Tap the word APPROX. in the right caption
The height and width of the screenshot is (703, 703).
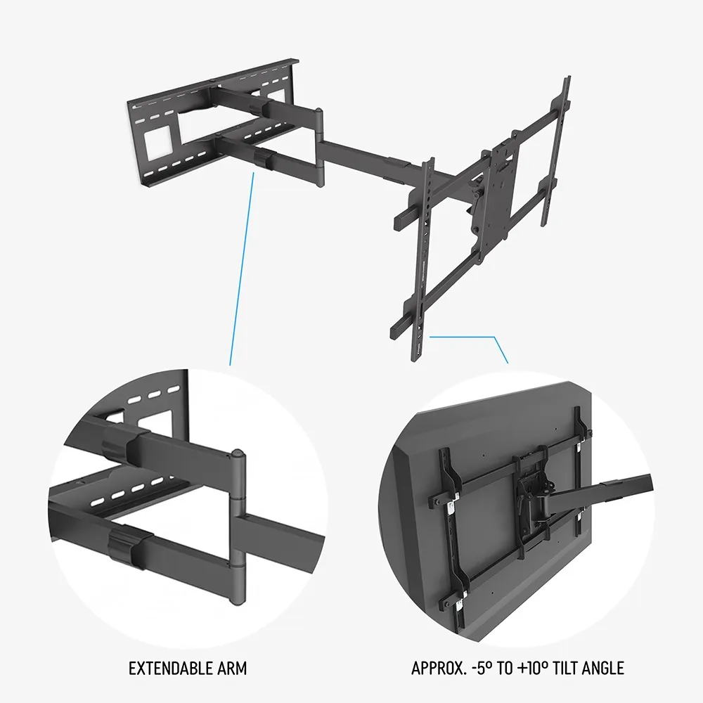click(439, 668)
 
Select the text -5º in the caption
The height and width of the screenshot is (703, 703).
click(482, 668)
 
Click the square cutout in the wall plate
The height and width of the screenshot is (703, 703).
click(157, 142)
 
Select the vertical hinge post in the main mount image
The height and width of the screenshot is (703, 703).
click(318, 147)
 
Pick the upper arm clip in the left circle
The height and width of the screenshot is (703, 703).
click(116, 441)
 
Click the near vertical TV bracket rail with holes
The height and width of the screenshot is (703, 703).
click(424, 259)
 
